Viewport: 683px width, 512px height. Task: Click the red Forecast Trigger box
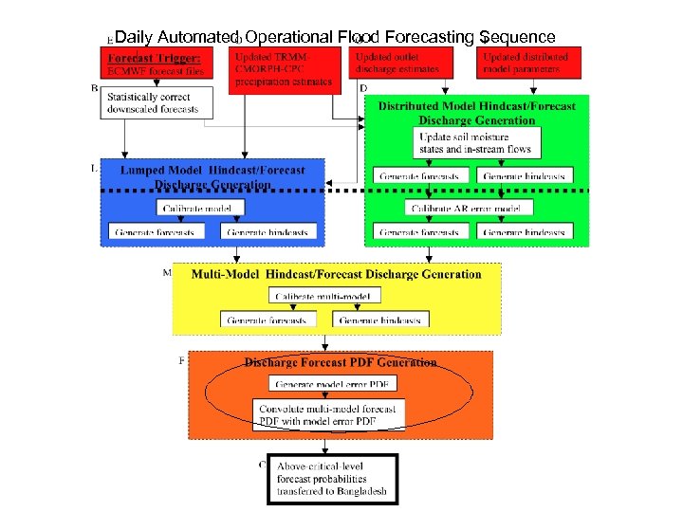(157, 64)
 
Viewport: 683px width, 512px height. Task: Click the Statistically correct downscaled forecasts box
(157, 102)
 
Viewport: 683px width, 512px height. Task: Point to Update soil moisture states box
(477, 143)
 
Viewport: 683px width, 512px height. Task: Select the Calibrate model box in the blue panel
(196, 208)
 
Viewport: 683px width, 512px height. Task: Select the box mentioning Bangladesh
(332, 480)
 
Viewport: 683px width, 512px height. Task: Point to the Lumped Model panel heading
(212, 177)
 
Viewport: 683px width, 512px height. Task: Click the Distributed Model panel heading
(476, 113)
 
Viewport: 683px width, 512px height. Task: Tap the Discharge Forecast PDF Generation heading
(340, 362)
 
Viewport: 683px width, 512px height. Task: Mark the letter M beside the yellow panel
(167, 272)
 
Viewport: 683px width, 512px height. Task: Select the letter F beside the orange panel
(182, 360)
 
